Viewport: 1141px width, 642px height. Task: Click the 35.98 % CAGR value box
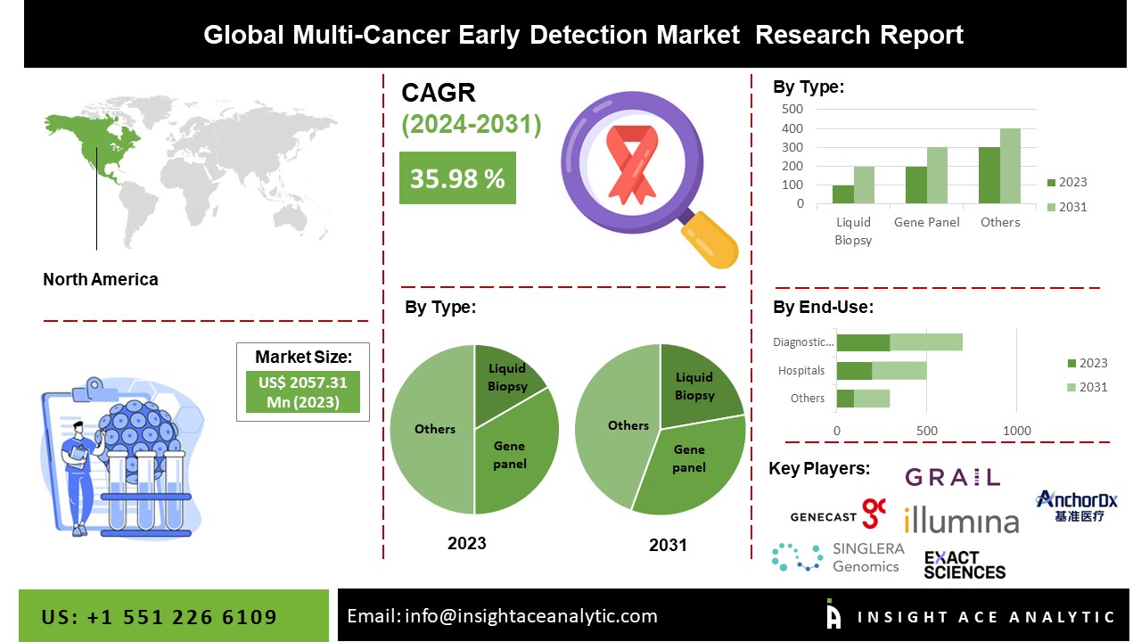tap(457, 178)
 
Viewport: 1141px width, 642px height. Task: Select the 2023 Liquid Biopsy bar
tap(843, 194)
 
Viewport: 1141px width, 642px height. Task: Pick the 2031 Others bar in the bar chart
tap(1010, 166)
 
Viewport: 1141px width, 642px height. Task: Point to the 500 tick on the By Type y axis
tap(793, 109)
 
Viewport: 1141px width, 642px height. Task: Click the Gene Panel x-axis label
tap(927, 222)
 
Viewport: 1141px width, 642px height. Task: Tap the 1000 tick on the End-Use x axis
tap(1017, 431)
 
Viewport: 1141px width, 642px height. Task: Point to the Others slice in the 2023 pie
tap(433, 429)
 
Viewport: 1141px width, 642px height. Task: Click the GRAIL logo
tap(953, 477)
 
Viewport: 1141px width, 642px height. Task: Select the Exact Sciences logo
tap(965, 564)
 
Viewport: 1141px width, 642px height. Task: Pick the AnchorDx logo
tap(1077, 506)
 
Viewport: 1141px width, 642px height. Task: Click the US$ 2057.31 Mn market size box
tap(303, 391)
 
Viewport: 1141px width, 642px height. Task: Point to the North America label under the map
tap(101, 279)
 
